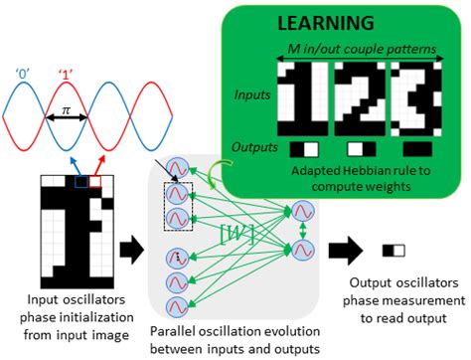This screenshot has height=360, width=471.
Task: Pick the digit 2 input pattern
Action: tap(354, 96)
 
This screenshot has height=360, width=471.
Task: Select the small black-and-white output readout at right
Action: tap(394, 251)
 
